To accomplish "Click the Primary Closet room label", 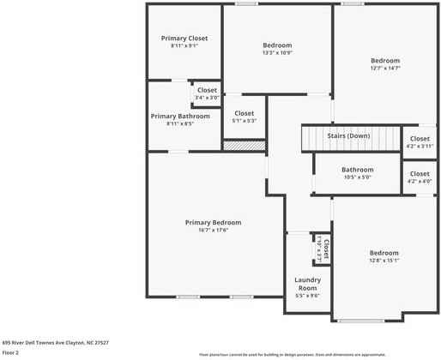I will click(185, 39).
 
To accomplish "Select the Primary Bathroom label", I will click(180, 116).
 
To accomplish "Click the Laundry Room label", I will click(307, 284).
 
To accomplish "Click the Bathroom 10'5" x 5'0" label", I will click(357, 170).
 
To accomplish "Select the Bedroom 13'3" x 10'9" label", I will click(277, 45).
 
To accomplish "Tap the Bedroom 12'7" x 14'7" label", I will click(385, 60).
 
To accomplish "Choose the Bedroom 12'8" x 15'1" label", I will click(384, 253).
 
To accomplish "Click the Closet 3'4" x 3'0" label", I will click(207, 90).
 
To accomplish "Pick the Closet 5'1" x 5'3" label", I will click(245, 113).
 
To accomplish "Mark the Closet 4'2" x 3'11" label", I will click(420, 139).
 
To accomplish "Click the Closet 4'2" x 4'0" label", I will click(420, 174).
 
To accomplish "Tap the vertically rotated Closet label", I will click(326, 249).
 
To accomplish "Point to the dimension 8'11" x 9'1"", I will click(185, 46).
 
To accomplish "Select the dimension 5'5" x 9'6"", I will click(307, 296).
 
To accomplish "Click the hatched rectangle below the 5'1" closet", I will click(244, 146).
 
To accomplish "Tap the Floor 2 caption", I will click(10, 352).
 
